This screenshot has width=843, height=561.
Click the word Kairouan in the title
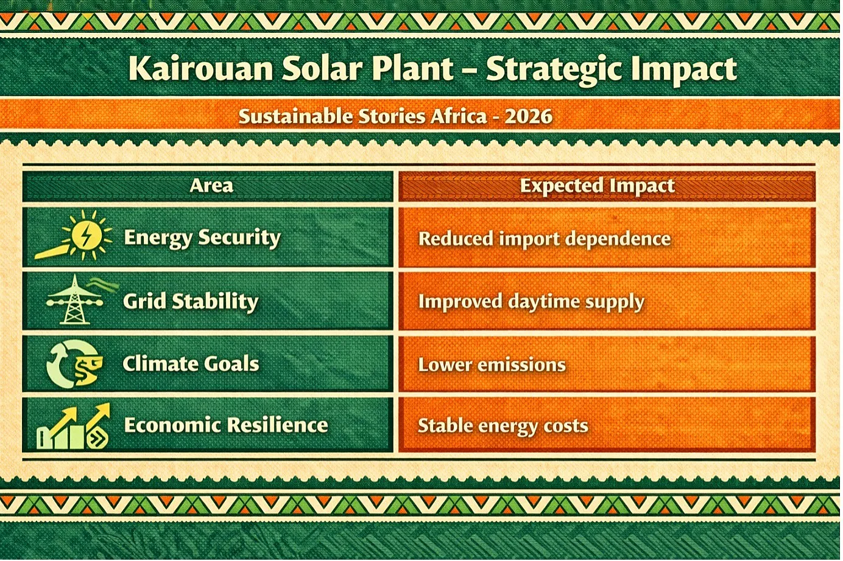pos(200,68)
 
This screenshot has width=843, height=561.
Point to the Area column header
pos(211,186)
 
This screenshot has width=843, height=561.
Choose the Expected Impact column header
pos(598,186)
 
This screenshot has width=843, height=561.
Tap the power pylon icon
pos(75,300)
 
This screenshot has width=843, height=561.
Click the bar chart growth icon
pos(73,426)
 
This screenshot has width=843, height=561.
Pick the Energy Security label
pos(202,238)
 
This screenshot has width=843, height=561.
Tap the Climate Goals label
pos(191,364)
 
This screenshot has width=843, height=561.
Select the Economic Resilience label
pos(226,425)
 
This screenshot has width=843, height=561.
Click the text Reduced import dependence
pos(545,240)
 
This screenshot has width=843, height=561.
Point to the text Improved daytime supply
pos(531,302)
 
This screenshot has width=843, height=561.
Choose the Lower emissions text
pos(492,364)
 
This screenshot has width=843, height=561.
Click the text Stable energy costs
pos(503,427)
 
